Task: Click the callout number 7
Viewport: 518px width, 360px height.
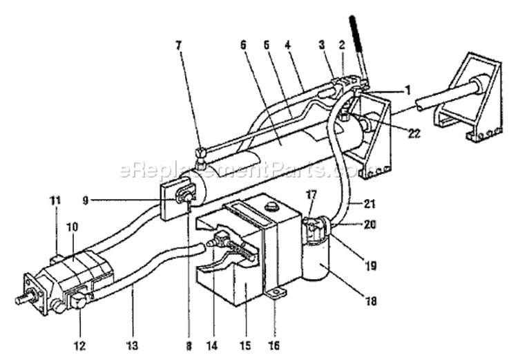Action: [179, 46]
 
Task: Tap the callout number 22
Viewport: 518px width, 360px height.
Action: [414, 133]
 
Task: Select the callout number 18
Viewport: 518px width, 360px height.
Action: [372, 301]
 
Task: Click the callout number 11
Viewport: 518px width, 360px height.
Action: [55, 200]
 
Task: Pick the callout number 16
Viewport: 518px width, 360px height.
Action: [274, 345]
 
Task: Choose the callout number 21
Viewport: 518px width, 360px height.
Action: [370, 204]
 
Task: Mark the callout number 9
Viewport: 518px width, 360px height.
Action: [86, 200]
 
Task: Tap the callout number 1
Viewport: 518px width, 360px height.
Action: [407, 90]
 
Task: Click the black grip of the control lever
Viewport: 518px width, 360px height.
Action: [356, 34]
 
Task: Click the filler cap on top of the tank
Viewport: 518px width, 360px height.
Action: [271, 207]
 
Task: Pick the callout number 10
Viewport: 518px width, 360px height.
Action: [73, 227]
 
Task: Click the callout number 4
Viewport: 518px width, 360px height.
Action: [288, 46]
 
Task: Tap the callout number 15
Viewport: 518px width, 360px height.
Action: [246, 345]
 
